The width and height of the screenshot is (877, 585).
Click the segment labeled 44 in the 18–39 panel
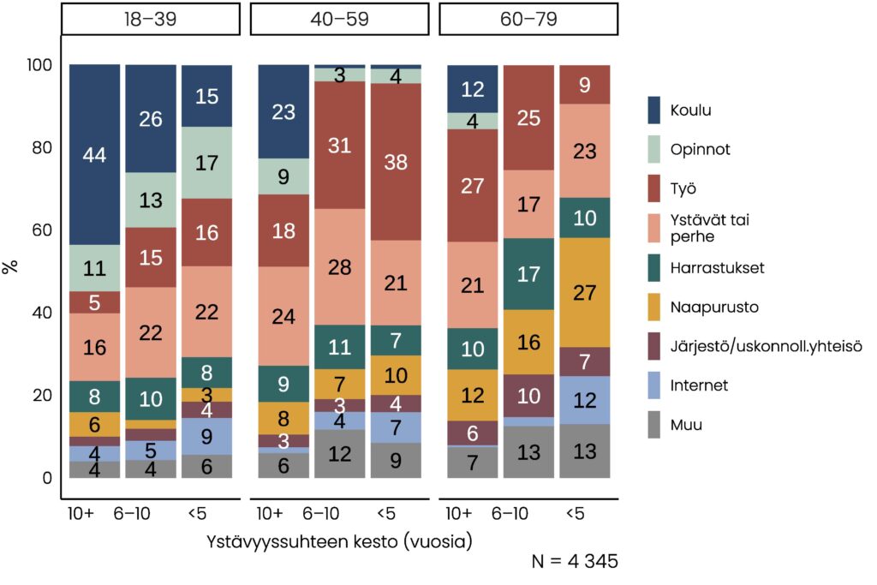[x=95, y=155]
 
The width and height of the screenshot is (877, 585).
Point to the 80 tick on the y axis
[x=42, y=147]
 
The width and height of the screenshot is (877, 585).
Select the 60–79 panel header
[x=528, y=19]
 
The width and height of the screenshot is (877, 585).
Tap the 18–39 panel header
[x=150, y=19]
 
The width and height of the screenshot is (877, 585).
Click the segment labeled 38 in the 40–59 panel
[x=396, y=162]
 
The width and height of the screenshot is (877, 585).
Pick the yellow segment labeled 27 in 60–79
[x=584, y=292]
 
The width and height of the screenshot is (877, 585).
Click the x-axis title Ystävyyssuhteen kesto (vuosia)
[x=339, y=542]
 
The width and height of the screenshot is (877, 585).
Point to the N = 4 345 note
[x=575, y=562]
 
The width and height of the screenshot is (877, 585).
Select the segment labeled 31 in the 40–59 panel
[x=339, y=146]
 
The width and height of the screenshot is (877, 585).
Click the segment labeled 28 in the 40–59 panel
[x=339, y=266]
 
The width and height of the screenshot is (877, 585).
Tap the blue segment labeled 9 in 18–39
[x=207, y=436]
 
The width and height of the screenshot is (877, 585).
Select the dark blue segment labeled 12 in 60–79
[x=473, y=88]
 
